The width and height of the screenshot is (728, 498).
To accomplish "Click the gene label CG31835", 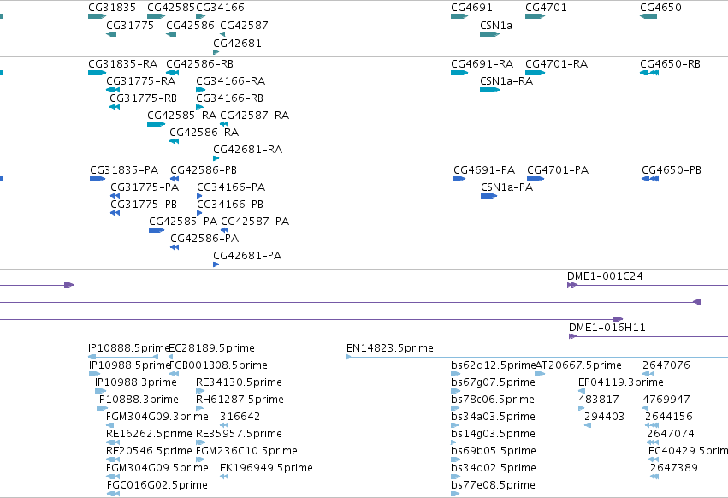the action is pos(112,8).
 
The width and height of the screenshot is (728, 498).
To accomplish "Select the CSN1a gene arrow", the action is pos(489,34).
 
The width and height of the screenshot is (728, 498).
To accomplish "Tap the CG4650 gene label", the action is pos(660,8).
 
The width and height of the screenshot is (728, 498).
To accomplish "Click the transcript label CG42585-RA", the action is pos(181,116).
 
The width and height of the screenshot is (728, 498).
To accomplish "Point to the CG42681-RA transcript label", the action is pos(247,150).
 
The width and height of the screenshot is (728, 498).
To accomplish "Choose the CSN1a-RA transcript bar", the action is pos(489,90).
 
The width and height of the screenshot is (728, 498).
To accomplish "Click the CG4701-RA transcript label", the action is pos(556,63).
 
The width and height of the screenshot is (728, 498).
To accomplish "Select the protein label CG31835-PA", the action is pos(124,170).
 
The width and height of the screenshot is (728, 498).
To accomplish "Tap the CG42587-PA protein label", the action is pos(255,221).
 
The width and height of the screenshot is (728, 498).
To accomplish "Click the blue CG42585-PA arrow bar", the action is pos(157,230).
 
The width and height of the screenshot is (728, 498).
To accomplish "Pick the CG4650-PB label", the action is pos(672,170).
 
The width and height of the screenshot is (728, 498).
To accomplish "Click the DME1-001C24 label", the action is pos(605,276).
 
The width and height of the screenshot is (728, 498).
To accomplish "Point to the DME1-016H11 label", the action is pos(607,328).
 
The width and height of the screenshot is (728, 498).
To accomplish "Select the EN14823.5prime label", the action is pos(390,348).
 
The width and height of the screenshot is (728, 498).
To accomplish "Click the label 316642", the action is pos(240,416).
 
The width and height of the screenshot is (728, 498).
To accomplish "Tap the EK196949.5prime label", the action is pos(267,468).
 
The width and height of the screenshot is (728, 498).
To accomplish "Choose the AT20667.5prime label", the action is pos(578,365).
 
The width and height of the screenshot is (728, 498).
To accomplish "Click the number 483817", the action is pos(599,399).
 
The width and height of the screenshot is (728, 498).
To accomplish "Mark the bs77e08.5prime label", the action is pos(493,485).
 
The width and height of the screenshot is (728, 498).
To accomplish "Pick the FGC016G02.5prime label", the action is pos(157,485).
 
